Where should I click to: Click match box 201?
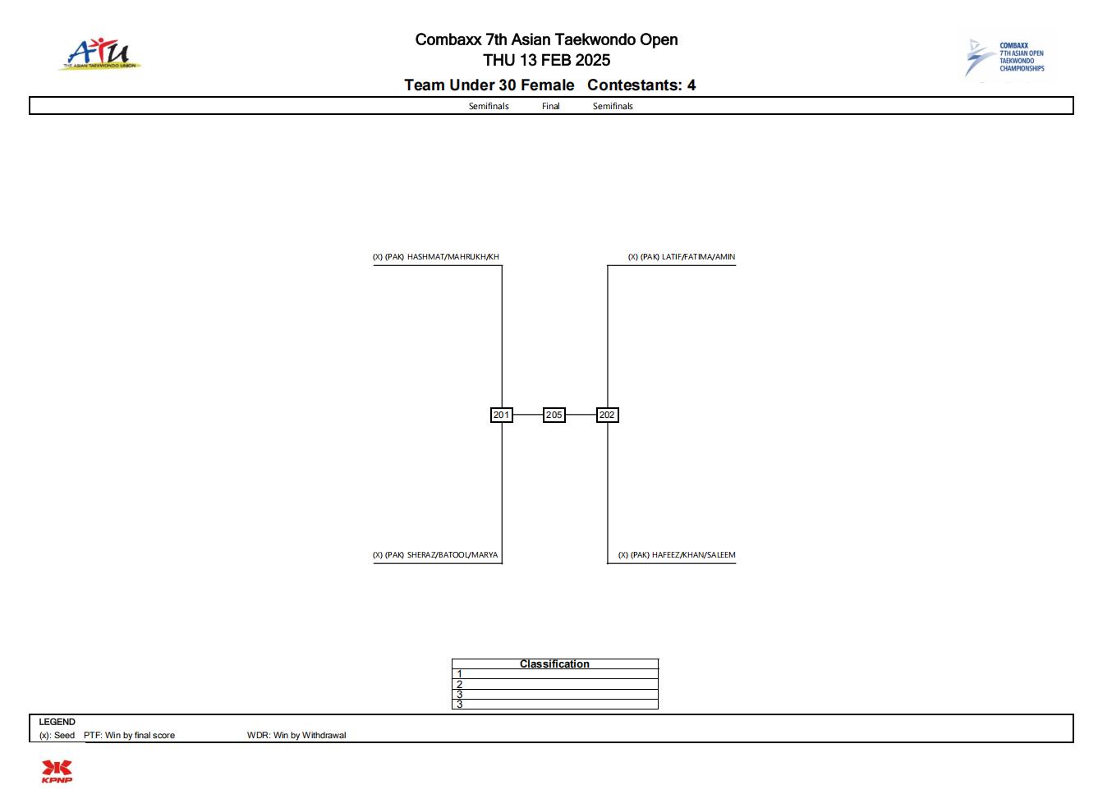coord(502,416)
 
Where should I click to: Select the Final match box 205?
coord(554,416)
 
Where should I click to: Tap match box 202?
coord(608,416)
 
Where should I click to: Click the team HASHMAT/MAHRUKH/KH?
coord(453,257)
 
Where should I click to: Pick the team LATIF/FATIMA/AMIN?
coord(699,257)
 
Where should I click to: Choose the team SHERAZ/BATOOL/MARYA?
coord(453,555)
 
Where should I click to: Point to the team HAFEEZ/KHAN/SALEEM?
coord(694,555)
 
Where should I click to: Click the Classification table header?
coord(554,664)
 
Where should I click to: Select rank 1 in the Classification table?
coord(459,674)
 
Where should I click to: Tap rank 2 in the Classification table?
coord(459,685)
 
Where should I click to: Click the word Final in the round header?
coord(550,107)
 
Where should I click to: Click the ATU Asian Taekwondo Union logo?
coord(100,54)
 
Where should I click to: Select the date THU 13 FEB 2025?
coord(547,60)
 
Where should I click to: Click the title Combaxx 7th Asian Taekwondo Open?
coord(547,39)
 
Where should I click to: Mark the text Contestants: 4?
coord(641,85)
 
